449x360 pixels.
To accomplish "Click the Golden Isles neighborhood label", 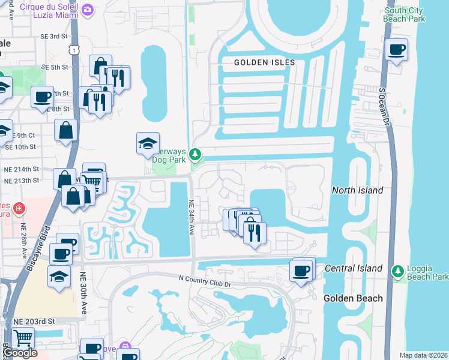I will [x=264, y=62].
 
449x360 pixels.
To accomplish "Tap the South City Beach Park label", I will [x=405, y=14].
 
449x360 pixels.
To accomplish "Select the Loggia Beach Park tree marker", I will [x=397, y=272].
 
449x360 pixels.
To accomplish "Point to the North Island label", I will [x=357, y=190].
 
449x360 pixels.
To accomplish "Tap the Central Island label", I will [x=353, y=268].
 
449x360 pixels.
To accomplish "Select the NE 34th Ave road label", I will [x=191, y=217].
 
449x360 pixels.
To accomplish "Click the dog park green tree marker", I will [x=194, y=155].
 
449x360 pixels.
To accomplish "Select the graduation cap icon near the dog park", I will [x=148, y=143].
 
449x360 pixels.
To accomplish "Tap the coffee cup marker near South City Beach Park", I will [x=396, y=50].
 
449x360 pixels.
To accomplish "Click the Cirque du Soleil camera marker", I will [x=88, y=10].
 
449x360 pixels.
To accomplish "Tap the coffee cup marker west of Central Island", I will [x=301, y=270].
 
